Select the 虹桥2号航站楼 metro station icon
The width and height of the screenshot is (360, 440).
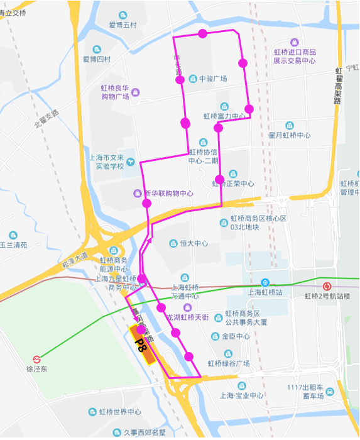point(325,286)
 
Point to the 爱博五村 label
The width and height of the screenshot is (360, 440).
point(122,25)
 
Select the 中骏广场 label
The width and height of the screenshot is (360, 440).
point(212,79)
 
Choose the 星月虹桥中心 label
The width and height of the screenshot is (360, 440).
point(290,135)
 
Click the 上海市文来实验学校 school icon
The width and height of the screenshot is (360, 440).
point(131,162)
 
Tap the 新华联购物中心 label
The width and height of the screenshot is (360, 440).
point(168,193)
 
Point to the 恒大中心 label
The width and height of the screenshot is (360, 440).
point(194,243)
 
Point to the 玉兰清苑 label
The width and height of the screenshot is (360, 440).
point(14,245)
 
